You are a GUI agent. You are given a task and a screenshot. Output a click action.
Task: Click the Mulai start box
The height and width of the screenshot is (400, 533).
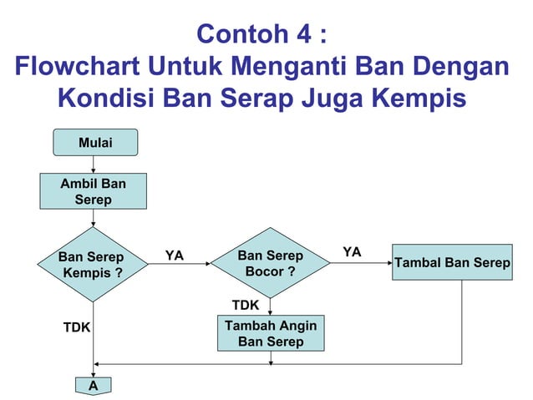[x=95, y=143]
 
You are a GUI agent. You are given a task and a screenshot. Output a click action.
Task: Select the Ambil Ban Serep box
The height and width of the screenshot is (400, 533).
[x=93, y=190]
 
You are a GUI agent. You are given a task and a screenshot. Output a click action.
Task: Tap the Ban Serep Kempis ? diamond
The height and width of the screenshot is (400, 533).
[x=92, y=265]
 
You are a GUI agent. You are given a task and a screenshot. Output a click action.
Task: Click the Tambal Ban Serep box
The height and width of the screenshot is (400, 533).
[x=452, y=263]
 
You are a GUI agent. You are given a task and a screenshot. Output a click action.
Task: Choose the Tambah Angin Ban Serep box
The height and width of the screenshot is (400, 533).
[x=271, y=333]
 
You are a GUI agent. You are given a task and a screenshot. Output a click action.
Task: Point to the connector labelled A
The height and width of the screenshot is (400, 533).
[x=93, y=386]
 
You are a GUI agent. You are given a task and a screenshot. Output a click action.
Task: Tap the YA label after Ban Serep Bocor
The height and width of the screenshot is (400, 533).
[x=353, y=251]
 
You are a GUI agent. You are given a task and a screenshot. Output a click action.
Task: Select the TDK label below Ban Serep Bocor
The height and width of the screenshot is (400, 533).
[x=245, y=305]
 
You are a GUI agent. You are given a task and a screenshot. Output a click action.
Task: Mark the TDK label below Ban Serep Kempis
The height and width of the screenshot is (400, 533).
[x=77, y=328]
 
